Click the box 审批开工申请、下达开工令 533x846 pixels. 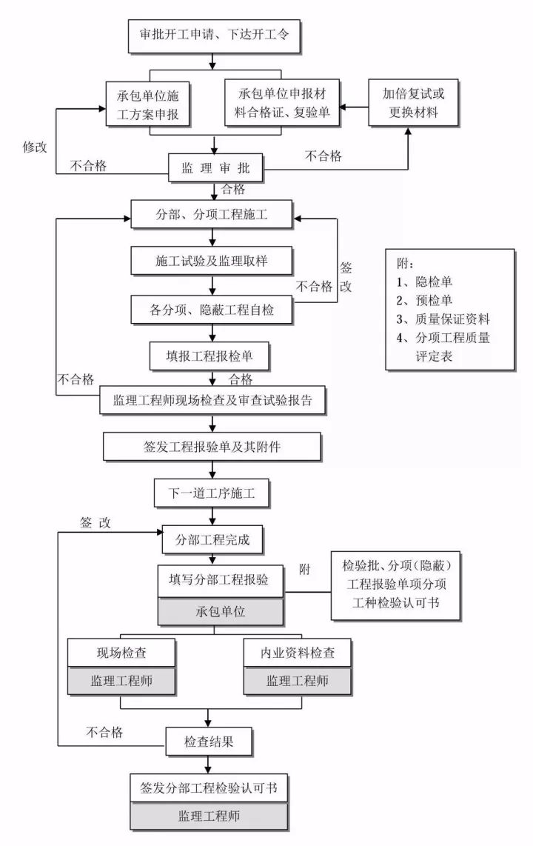215,35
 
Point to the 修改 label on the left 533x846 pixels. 35,146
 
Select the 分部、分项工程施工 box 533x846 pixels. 212,216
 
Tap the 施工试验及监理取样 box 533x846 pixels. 212,262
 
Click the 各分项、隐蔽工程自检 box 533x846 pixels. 212,310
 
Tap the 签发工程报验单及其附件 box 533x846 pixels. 212,447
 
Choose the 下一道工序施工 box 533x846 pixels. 212,493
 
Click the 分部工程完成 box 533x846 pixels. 212,540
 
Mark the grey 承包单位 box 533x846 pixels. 221,613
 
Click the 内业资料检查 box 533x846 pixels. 297,653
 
